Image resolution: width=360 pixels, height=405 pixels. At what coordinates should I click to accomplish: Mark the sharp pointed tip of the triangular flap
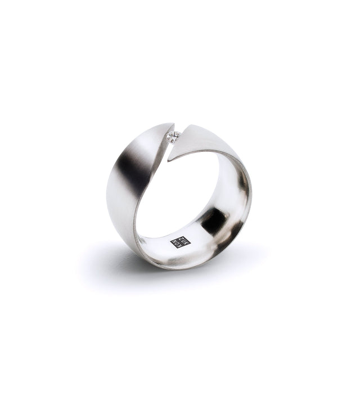168,160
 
